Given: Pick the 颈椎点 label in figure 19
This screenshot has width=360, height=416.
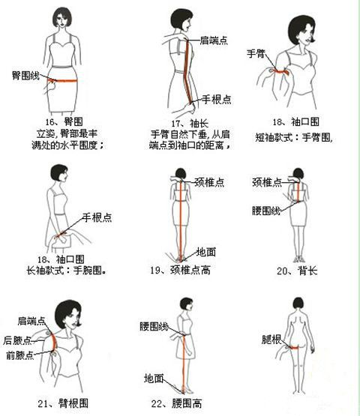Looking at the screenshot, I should pyautogui.click(x=210, y=181).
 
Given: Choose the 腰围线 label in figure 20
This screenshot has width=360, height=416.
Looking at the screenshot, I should pyautogui.click(x=266, y=211).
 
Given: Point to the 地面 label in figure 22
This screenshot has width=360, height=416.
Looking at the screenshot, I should pyautogui.click(x=154, y=378).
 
